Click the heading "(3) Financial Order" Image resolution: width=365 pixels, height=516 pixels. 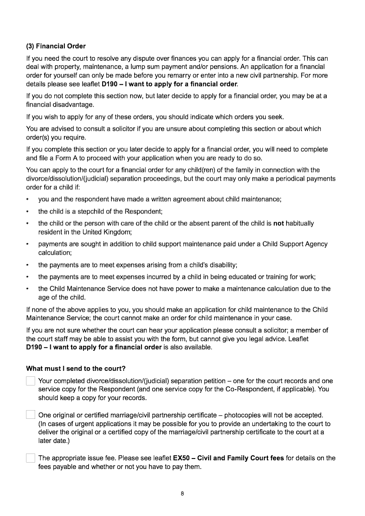(x=56, y=46)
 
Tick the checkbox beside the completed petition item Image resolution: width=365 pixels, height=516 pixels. (x=31, y=381)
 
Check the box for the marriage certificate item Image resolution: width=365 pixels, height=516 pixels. (x=31, y=415)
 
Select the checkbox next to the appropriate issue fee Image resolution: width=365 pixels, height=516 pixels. (x=31, y=458)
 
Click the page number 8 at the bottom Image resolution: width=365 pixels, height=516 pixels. (x=182, y=493)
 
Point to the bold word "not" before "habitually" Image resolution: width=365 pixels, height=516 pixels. (x=278, y=224)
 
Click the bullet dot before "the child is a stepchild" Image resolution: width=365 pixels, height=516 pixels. (x=28, y=212)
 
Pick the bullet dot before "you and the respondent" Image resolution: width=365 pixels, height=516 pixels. (x=28, y=199)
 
